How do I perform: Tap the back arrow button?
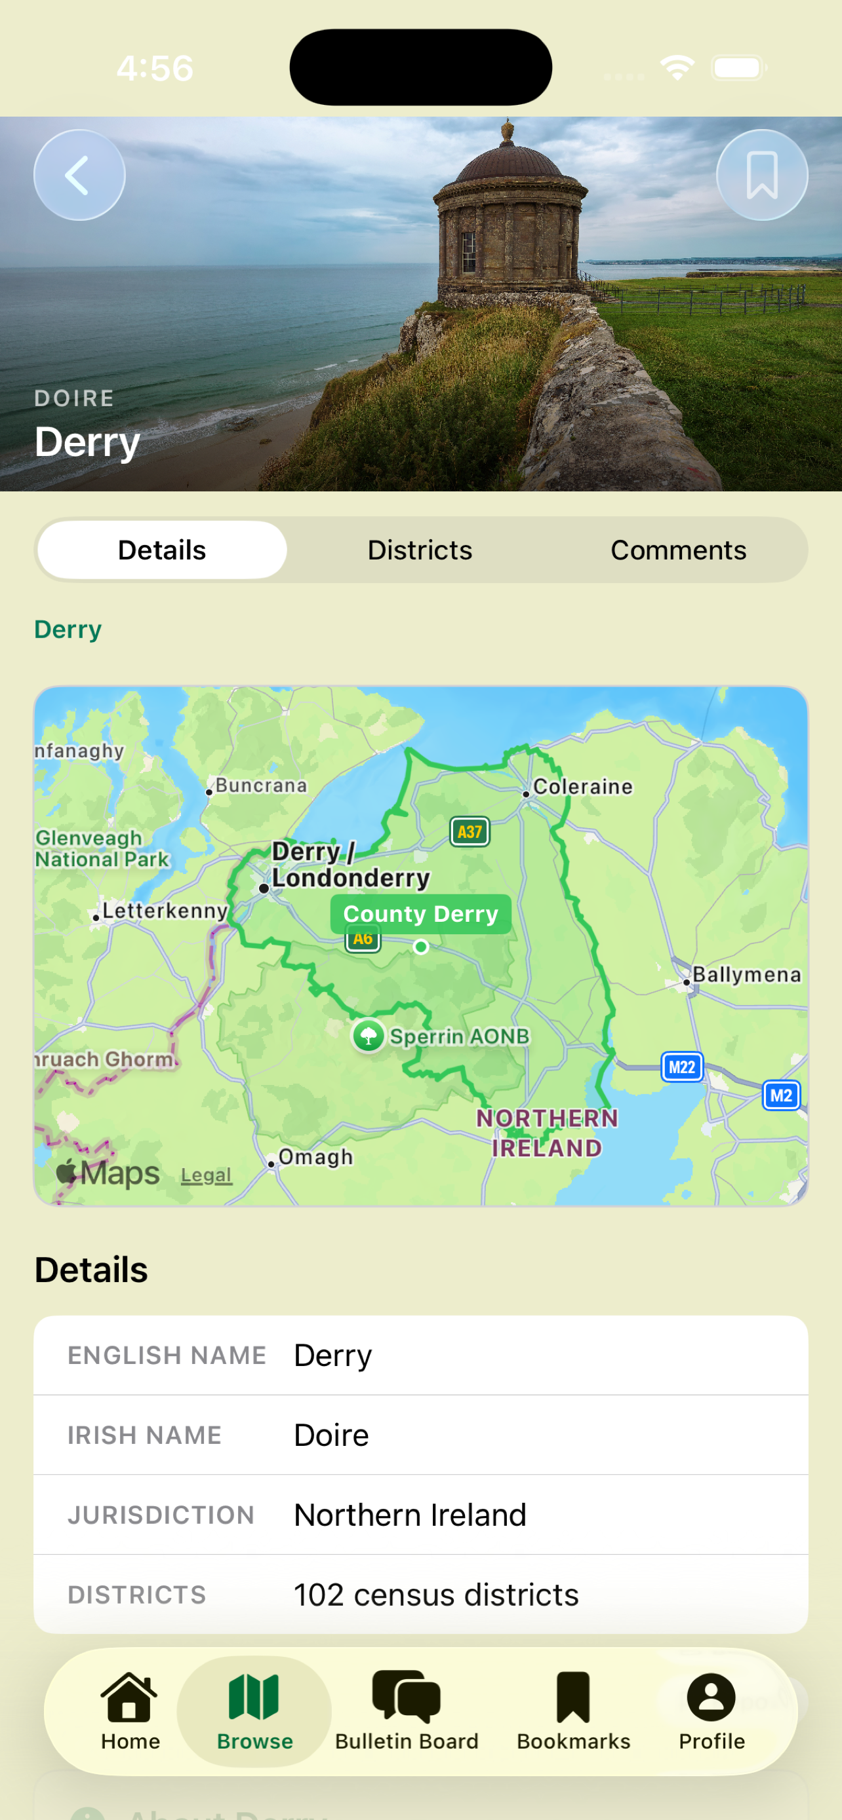point(79,175)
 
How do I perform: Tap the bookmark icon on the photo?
point(761,175)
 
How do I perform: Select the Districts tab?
point(420,550)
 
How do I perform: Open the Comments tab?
point(678,550)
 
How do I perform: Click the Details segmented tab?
point(162,550)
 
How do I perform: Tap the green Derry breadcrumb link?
point(68,630)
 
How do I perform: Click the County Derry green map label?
point(420,913)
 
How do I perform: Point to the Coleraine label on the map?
point(582,786)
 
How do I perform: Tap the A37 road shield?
point(470,831)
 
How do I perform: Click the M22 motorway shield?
point(681,1067)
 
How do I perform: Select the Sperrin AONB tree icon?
point(369,1036)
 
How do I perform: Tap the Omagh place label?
point(315,1156)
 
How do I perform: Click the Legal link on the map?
point(206,1175)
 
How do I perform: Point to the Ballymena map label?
point(746,974)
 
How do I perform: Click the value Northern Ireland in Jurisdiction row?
point(410,1514)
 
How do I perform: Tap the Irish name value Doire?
point(332,1435)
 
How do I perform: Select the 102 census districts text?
point(436,1595)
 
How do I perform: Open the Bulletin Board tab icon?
point(407,1696)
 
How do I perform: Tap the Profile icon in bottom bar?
point(712,1696)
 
